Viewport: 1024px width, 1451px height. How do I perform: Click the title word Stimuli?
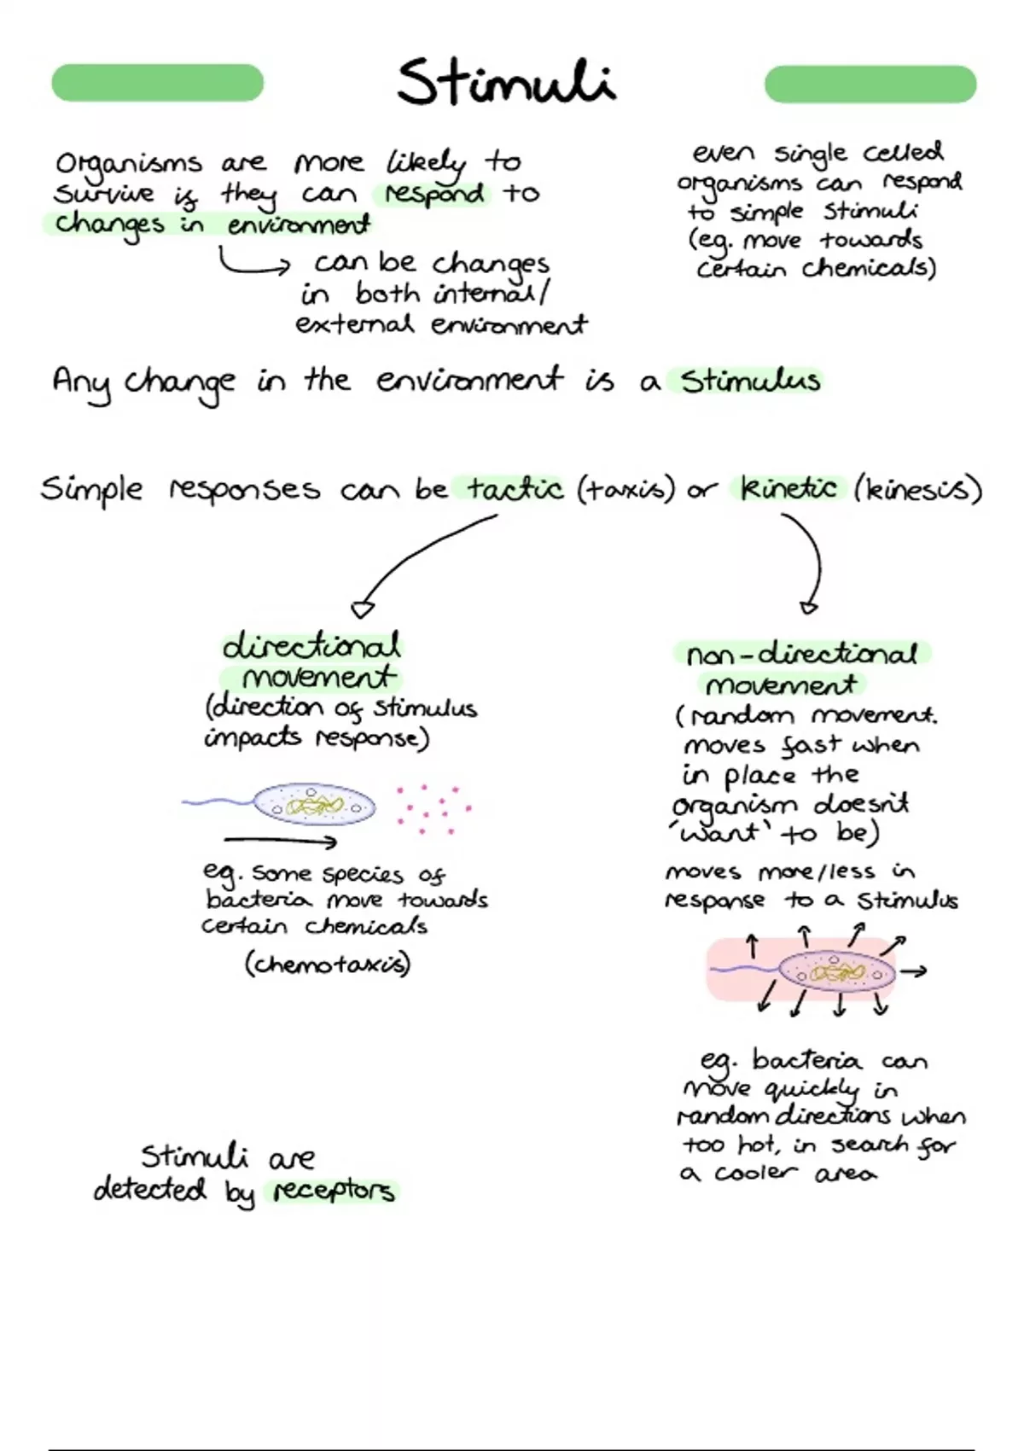click(x=506, y=82)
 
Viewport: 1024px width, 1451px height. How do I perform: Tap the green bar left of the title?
click(x=157, y=83)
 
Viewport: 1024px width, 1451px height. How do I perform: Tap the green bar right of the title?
click(x=870, y=84)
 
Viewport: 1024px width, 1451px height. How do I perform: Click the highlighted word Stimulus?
click(x=750, y=381)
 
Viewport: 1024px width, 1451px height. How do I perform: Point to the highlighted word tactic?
click(x=515, y=489)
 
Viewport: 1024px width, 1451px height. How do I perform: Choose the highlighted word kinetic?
click(x=788, y=488)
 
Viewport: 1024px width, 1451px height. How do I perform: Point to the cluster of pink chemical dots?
click(x=433, y=808)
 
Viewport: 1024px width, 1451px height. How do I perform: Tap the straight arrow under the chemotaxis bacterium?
click(x=281, y=842)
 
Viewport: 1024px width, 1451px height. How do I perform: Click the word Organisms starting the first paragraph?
click(x=129, y=165)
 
